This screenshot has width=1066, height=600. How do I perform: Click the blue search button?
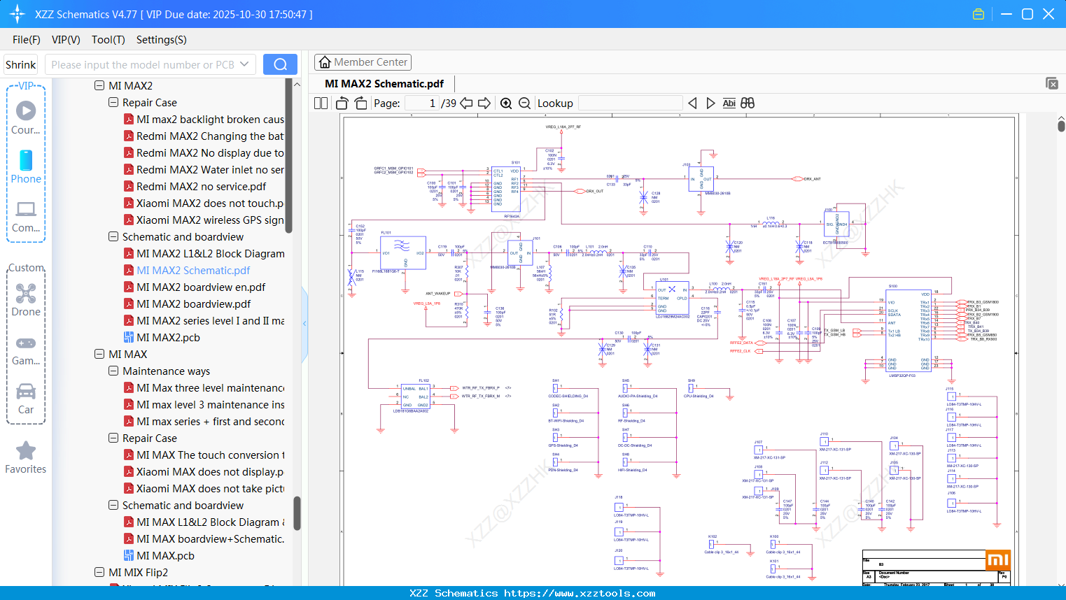pos(280,64)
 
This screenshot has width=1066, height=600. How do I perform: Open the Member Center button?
pos(363,62)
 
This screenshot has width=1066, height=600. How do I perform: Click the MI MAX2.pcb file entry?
pos(168,338)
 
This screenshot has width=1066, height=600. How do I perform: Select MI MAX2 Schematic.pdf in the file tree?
pos(193,271)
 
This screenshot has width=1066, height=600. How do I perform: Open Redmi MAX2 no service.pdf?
pos(201,187)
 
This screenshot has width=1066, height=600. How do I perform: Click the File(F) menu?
pos(27,40)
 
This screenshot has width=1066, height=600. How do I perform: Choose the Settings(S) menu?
pos(161,40)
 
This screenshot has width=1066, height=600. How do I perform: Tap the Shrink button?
pos(20,65)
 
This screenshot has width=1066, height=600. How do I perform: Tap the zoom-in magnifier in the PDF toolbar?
pos(506,103)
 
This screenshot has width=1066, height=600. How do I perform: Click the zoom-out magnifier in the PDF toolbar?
pos(524,103)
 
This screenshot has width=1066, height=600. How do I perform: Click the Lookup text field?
pos(630,103)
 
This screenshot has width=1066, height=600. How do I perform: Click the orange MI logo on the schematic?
pos(997,560)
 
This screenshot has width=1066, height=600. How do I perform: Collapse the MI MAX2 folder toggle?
pos(99,86)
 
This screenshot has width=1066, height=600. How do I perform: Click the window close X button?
pos(1049,14)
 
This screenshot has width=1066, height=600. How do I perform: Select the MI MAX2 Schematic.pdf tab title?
pos(384,84)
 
